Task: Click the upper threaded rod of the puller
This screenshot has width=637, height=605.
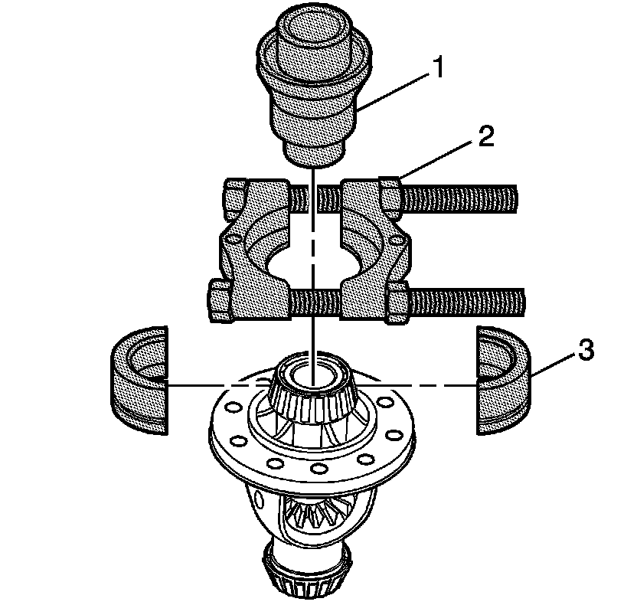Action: (459, 198)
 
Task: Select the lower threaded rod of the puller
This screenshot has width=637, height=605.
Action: (475, 299)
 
